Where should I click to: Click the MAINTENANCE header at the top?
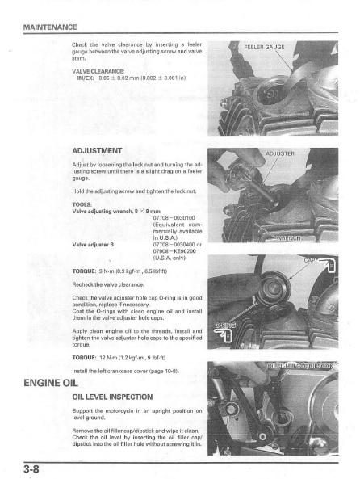(x=50, y=27)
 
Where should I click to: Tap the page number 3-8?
(x=31, y=469)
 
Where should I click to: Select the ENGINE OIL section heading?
(x=51, y=383)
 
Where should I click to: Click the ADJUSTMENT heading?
(x=97, y=151)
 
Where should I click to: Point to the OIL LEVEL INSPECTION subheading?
(x=112, y=397)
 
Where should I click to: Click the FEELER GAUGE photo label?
(x=264, y=47)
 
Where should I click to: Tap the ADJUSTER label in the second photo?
(x=280, y=153)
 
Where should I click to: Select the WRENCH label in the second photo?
(x=288, y=238)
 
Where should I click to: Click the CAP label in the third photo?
(x=310, y=260)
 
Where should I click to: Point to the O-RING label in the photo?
(x=225, y=326)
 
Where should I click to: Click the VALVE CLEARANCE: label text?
(x=98, y=71)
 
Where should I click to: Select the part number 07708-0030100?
(x=174, y=218)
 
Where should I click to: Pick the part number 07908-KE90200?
(x=174, y=251)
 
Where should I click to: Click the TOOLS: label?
(x=82, y=204)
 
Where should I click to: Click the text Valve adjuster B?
(x=93, y=245)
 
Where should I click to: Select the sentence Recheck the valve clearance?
(x=108, y=284)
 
